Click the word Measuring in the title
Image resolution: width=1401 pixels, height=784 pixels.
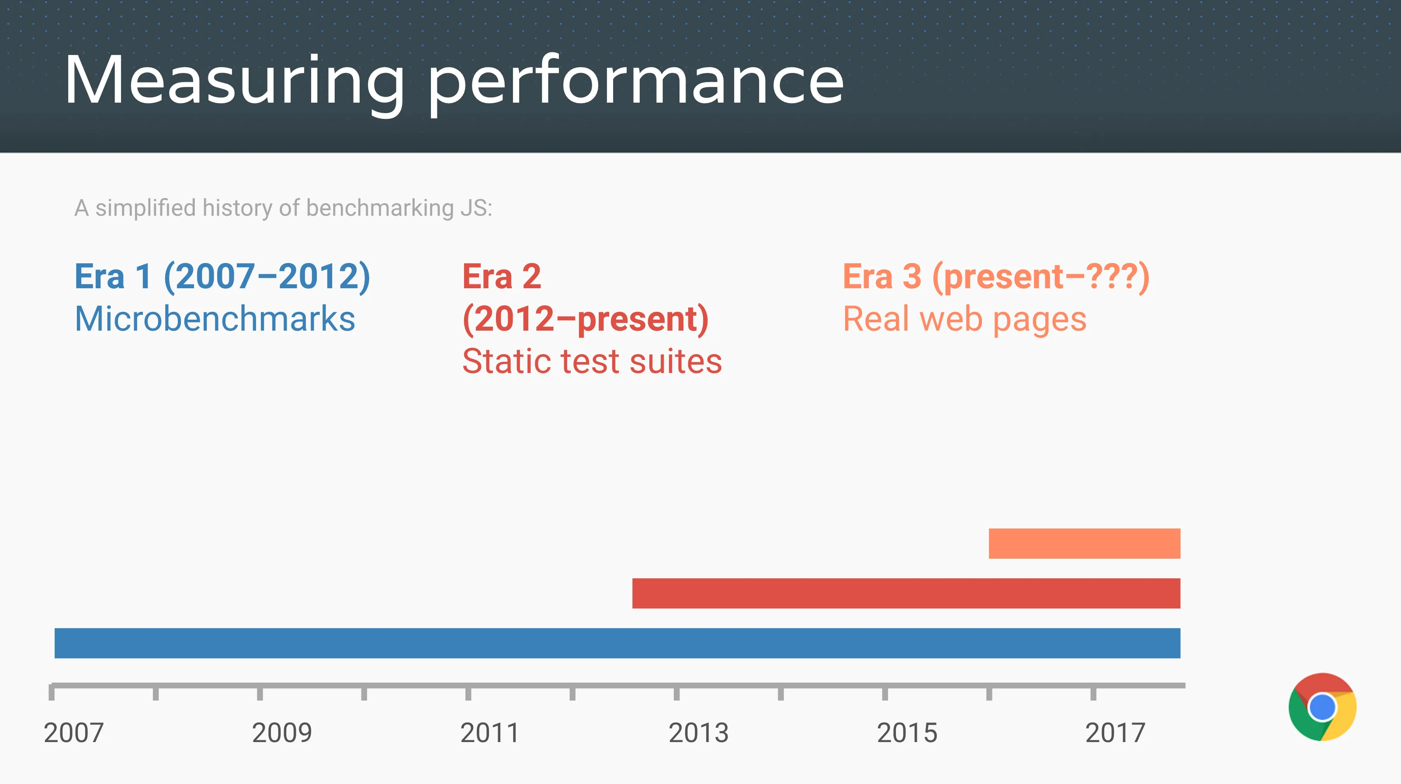(x=234, y=80)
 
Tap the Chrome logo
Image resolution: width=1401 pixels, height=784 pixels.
(x=1322, y=707)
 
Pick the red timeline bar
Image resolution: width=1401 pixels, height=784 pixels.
(x=905, y=593)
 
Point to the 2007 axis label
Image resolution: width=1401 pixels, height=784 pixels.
(x=73, y=732)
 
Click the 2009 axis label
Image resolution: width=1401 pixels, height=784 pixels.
(x=282, y=732)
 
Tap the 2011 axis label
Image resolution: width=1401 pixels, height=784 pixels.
(x=490, y=732)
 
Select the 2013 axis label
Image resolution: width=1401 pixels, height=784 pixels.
(x=698, y=732)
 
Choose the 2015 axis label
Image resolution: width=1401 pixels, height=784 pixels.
(x=907, y=732)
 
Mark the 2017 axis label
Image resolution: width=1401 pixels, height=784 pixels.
(x=1115, y=732)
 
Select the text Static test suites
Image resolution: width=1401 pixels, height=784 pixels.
(x=592, y=361)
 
